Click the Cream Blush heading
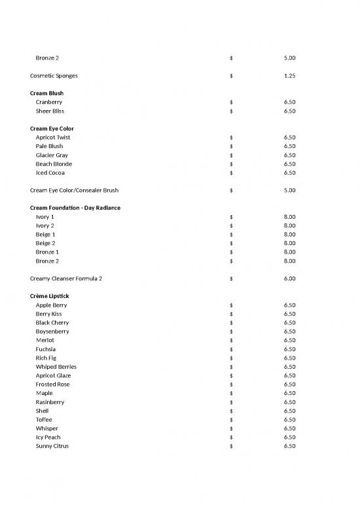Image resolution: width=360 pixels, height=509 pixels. [x=46, y=94]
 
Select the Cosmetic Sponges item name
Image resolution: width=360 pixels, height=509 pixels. [x=54, y=76]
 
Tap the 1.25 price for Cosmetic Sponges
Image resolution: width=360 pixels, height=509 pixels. [x=289, y=76]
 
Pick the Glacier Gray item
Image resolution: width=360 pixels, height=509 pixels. [x=52, y=155]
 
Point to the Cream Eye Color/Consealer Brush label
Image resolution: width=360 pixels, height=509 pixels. [x=75, y=191]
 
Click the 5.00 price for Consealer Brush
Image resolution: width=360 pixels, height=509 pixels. [x=289, y=191]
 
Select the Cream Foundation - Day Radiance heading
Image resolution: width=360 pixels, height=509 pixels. [x=75, y=208]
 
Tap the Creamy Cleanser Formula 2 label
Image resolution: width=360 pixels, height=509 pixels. [x=65, y=278]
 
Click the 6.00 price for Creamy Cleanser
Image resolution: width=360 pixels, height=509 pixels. [x=289, y=278]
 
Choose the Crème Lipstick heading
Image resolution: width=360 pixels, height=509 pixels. [x=48, y=296]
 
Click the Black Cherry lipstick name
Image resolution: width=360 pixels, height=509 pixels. [x=52, y=323]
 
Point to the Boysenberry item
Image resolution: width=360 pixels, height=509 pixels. [x=52, y=331]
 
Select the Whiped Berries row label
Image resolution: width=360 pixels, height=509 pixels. [x=56, y=367]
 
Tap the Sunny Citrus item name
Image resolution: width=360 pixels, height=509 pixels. [x=52, y=446]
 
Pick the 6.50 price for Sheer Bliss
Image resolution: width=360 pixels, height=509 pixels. [x=289, y=111]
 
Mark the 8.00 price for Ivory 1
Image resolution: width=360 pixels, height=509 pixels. [x=289, y=217]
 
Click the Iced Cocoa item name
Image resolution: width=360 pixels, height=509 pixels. [x=50, y=173]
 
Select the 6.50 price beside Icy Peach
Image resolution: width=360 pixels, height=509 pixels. [x=289, y=438]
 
